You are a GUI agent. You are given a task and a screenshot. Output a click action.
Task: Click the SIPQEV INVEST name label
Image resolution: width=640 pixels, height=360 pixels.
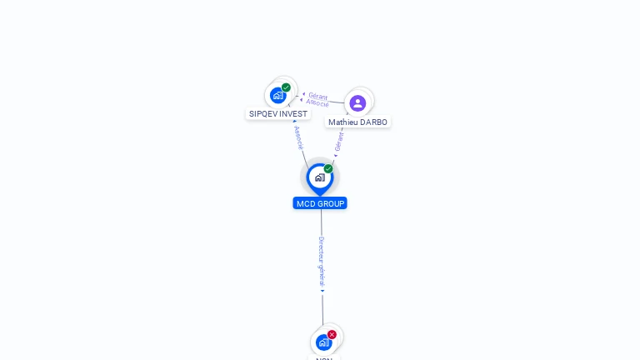tap(277, 114)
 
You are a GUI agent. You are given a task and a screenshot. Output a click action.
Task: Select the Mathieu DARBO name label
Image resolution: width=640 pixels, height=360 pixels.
tap(357, 122)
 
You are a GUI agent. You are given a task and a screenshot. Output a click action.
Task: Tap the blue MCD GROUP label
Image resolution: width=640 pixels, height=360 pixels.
tap(320, 203)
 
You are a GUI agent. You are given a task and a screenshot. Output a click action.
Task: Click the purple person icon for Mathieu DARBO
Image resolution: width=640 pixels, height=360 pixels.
tap(357, 102)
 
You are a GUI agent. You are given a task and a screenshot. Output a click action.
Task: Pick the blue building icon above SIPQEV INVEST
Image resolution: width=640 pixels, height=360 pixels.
tap(277, 95)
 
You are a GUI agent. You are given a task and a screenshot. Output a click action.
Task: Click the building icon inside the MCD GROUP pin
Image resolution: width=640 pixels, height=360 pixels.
tap(319, 177)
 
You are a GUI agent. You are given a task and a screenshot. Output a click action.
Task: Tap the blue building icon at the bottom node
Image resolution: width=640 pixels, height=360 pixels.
tap(323, 342)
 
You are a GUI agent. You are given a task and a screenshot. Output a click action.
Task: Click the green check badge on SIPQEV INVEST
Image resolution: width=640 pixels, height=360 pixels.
tap(286, 87)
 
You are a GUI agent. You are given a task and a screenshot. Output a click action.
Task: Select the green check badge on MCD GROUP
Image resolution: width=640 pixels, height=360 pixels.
tap(328, 168)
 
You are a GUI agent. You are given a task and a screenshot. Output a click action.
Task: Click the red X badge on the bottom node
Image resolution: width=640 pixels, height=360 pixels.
tap(332, 334)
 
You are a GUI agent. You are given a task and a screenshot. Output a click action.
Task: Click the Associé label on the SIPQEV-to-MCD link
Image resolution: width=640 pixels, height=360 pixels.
tap(298, 137)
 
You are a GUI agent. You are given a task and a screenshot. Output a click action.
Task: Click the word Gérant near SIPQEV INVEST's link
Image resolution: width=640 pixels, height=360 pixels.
tap(317, 96)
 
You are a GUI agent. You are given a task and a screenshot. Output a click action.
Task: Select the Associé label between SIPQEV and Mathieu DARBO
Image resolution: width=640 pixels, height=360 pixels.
tap(317, 103)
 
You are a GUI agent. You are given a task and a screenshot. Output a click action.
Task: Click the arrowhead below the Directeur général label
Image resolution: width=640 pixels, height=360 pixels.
tap(322, 291)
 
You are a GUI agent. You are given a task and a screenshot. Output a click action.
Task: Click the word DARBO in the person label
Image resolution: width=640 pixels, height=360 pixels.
tap(372, 122)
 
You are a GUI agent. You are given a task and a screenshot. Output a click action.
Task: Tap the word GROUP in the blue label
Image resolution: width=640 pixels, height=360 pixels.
tap(332, 203)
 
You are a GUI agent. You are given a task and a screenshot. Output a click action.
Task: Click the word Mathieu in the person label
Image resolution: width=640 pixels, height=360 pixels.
tap(342, 122)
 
